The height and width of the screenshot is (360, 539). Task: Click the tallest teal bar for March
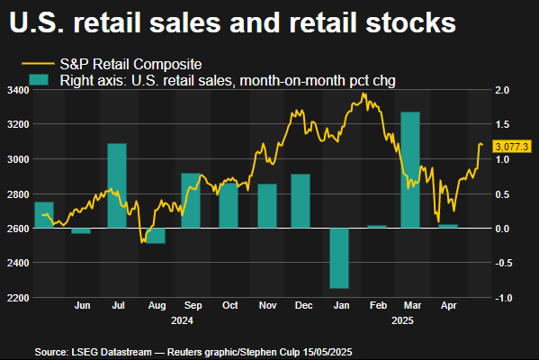click(410, 169)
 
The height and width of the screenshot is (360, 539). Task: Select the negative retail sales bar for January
click(338, 257)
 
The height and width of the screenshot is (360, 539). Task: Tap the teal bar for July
click(117, 185)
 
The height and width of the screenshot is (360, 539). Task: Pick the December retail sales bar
click(301, 201)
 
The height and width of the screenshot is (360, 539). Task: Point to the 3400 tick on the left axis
click(17, 91)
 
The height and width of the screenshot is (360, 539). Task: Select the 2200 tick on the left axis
click(17, 298)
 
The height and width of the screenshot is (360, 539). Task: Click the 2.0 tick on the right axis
click(501, 91)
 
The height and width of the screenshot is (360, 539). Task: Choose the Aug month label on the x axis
click(155, 306)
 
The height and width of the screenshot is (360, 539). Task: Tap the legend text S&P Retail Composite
click(130, 65)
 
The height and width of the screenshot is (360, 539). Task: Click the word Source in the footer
click(51, 350)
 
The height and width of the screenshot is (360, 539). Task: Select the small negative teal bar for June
click(81, 231)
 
